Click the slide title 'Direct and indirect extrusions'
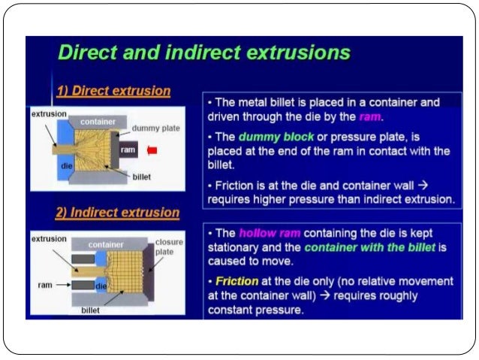203,53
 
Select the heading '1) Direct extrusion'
113,91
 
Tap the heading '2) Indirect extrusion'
118,212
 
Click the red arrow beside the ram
152,150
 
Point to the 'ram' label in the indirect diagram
44,286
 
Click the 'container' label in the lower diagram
106,244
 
